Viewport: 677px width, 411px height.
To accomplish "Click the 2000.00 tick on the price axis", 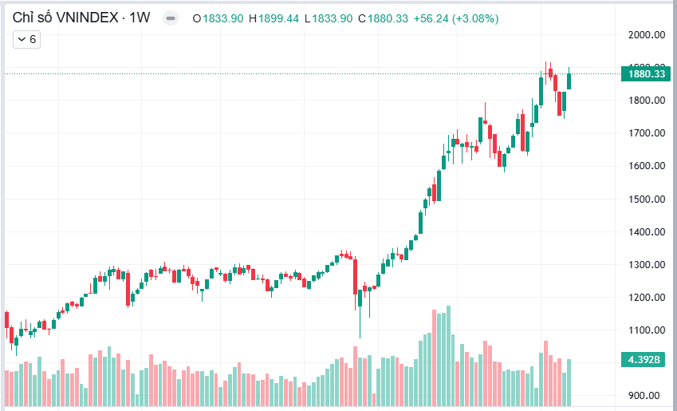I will click(x=646, y=34).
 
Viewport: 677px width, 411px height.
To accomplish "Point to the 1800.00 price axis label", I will click(x=646, y=101).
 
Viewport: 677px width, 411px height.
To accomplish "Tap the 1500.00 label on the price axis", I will click(x=646, y=200).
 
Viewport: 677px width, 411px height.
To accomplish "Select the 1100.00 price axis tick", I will click(x=646, y=330).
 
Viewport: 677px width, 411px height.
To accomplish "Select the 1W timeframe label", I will click(x=140, y=18).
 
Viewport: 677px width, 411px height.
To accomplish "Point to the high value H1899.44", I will click(x=274, y=18).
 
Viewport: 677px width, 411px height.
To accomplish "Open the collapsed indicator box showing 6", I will click(x=27, y=38).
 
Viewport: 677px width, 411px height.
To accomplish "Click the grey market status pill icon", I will click(x=170, y=18).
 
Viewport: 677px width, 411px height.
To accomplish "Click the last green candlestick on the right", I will click(x=569, y=80).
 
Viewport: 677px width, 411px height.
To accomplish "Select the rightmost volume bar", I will click(x=569, y=382).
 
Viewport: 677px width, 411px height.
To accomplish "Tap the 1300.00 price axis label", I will click(x=646, y=265).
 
